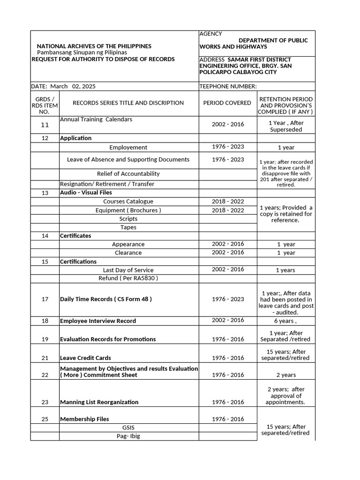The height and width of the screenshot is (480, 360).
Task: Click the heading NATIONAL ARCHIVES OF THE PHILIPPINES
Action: point(94,46)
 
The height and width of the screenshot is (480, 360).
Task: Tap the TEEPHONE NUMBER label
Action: point(228,86)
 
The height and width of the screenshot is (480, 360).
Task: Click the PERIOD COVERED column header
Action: point(227,103)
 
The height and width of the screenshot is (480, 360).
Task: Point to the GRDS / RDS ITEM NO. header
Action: point(45,103)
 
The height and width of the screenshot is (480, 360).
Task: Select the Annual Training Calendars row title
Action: point(96,119)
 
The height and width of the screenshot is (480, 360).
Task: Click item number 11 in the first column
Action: point(45,125)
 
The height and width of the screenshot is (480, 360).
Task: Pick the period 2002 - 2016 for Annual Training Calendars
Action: point(228,124)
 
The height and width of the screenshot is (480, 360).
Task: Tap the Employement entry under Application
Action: point(128,147)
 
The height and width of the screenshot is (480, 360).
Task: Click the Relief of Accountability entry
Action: point(128,173)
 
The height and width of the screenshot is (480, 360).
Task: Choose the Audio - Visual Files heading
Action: point(86,193)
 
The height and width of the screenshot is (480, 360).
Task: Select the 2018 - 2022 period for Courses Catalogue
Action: point(228,201)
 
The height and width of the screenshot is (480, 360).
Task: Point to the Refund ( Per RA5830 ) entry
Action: point(128,278)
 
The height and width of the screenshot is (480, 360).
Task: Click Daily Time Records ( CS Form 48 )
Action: point(106,299)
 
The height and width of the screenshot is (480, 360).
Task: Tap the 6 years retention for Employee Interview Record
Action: point(286,321)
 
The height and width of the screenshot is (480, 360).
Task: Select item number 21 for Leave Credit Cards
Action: point(45,358)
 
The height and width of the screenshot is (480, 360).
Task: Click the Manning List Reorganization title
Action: point(99,402)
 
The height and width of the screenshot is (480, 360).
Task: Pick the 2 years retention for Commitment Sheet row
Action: point(286,375)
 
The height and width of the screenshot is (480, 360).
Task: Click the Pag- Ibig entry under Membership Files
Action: point(128,436)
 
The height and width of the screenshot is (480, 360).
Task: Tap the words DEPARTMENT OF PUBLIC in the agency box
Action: point(273,40)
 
